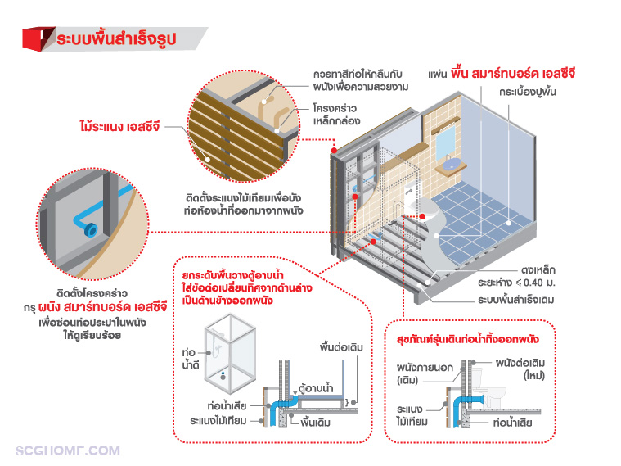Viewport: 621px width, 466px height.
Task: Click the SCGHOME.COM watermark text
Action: click(68, 450)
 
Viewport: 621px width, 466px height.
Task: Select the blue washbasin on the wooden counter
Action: click(448, 166)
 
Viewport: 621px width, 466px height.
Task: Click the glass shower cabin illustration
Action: click(232, 354)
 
